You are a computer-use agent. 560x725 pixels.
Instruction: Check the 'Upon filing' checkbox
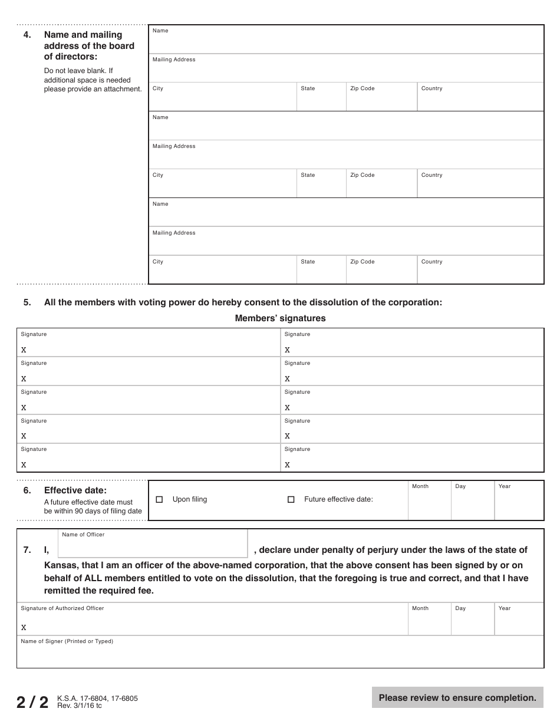pyautogui.click(x=159, y=499)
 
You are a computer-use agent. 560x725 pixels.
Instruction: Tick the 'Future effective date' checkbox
pyautogui.click(x=291, y=499)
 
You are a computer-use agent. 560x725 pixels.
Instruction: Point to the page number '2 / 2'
pyautogui.click(x=32, y=702)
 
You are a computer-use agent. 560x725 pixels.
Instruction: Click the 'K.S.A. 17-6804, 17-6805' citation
pyautogui.click(x=97, y=698)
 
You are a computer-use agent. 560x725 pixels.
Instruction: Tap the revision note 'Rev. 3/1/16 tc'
pyautogui.click(x=80, y=706)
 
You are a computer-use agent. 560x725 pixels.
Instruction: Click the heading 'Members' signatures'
pyautogui.click(x=280, y=318)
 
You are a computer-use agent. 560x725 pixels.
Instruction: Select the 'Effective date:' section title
pyautogui.click(x=75, y=490)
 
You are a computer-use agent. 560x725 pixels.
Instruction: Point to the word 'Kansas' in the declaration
pyautogui.click(x=58, y=565)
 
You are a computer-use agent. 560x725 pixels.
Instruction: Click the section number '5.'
pyautogui.click(x=27, y=302)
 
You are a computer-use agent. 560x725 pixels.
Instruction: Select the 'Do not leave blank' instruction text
pyautogui.click(x=78, y=71)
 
